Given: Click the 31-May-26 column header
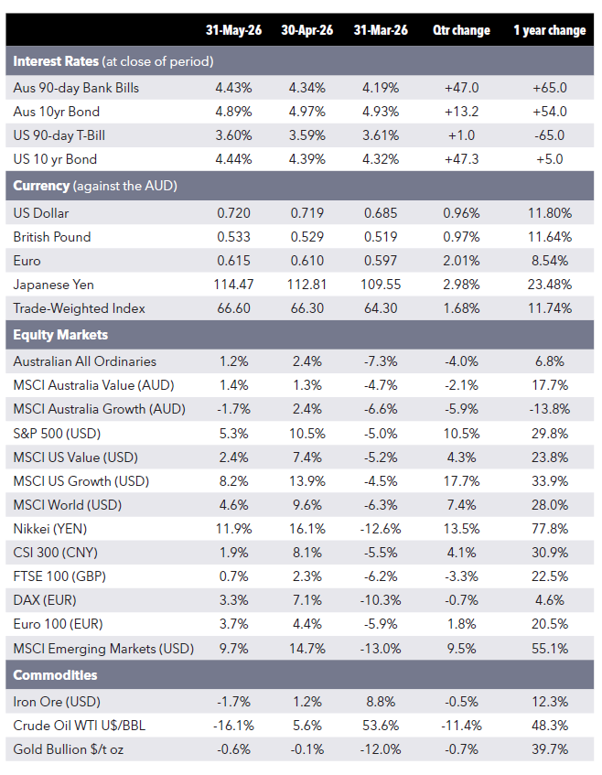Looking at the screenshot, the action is click(234, 30).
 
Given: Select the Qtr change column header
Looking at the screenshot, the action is click(462, 30).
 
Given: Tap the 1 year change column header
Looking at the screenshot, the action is click(550, 30).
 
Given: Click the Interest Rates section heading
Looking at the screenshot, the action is click(56, 61).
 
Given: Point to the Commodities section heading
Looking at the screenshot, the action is click(56, 675).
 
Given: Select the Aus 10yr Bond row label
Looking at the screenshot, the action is click(57, 112).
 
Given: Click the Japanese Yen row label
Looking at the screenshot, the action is click(53, 285).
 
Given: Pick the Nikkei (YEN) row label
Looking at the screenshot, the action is click(50, 529).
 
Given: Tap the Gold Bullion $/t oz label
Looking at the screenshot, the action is click(69, 749).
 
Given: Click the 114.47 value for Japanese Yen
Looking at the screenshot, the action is click(234, 285).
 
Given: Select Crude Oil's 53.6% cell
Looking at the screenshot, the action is click(381, 726).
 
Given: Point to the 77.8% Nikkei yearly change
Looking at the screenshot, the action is click(550, 529).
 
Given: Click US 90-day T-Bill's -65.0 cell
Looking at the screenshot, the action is click(550, 135).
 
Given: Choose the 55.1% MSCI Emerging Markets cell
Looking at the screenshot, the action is click(550, 649).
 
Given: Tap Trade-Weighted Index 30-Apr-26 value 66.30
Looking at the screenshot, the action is click(306, 308).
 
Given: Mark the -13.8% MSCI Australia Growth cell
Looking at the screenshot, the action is click(550, 409).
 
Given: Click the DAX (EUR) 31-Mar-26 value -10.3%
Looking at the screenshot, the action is click(381, 600).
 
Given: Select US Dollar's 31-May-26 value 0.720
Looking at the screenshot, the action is click(234, 213).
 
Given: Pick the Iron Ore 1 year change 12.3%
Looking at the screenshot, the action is click(550, 702).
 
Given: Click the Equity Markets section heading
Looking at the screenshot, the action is click(60, 335).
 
